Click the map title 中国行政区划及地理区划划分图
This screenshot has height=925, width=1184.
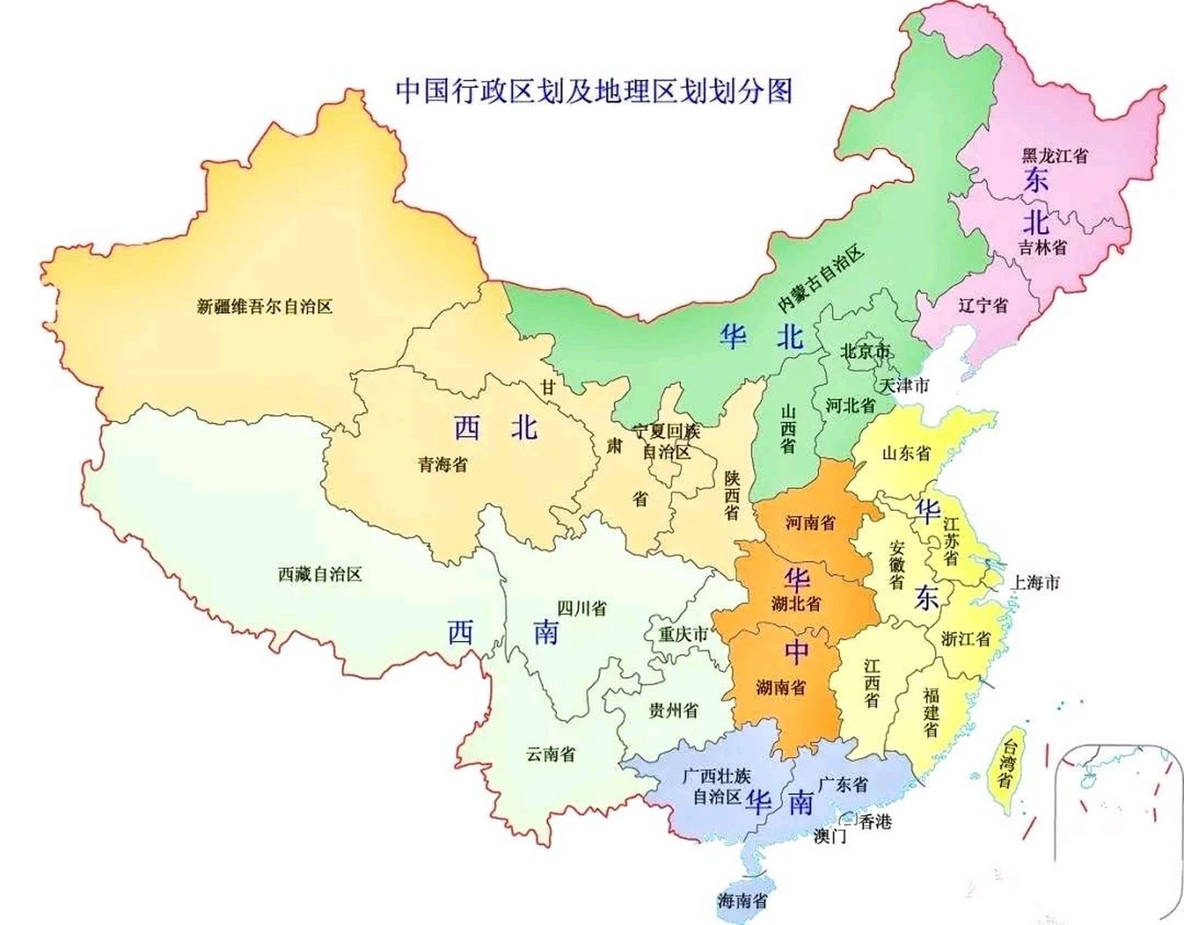click(x=593, y=92)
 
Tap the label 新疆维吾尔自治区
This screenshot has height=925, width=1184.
click(x=265, y=306)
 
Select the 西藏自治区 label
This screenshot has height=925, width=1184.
click(x=319, y=575)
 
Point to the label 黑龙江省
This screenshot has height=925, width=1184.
click(x=1054, y=155)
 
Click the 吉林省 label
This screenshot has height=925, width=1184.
click(x=1042, y=247)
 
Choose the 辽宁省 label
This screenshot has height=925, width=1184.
click(x=983, y=305)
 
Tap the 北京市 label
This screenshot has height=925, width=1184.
click(x=865, y=352)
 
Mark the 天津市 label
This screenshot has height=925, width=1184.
click(x=904, y=385)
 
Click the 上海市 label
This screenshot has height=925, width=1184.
click(x=1035, y=582)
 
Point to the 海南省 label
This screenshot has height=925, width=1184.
click(x=742, y=900)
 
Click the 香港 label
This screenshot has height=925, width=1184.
click(x=875, y=821)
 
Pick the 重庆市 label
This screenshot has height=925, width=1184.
click(x=683, y=634)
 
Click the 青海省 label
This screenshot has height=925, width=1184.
click(x=442, y=464)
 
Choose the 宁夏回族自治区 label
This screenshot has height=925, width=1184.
click(x=666, y=442)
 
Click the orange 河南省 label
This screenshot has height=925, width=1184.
click(x=810, y=522)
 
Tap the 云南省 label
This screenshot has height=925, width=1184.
click(x=551, y=754)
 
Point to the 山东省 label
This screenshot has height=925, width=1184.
click(x=906, y=453)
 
